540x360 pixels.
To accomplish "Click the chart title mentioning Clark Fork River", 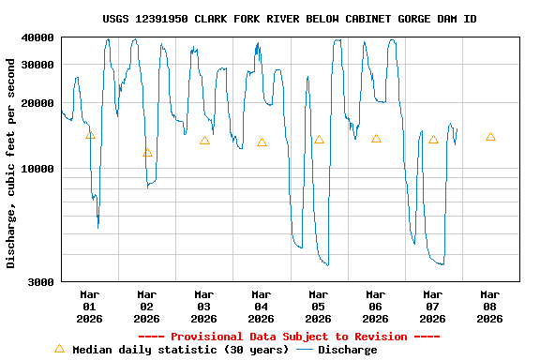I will pyautogui.click(x=290, y=19).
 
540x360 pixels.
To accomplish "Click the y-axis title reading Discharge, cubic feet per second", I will pyautogui.click(x=11, y=163).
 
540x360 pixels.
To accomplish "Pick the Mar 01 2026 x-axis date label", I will pyautogui.click(x=89, y=307).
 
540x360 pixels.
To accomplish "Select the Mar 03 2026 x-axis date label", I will pyautogui.click(x=203, y=307).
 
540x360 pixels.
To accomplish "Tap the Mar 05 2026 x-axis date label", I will pyautogui.click(x=318, y=307).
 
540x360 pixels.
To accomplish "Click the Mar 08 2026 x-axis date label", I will pyautogui.click(x=489, y=307).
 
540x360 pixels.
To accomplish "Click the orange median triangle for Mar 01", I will pyautogui.click(x=90, y=135).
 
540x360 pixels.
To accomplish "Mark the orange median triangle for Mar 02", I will pyautogui.click(x=147, y=153).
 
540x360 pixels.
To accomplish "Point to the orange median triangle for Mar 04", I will pyautogui.click(x=262, y=142).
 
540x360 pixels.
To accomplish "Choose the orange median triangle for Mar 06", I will pyautogui.click(x=376, y=139).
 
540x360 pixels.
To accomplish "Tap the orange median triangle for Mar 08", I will pyautogui.click(x=490, y=137).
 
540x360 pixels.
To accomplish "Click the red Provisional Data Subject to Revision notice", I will pyautogui.click(x=289, y=337).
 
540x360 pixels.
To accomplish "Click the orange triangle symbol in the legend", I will pyautogui.click(x=59, y=349).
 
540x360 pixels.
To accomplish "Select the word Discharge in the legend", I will pyautogui.click(x=347, y=350).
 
